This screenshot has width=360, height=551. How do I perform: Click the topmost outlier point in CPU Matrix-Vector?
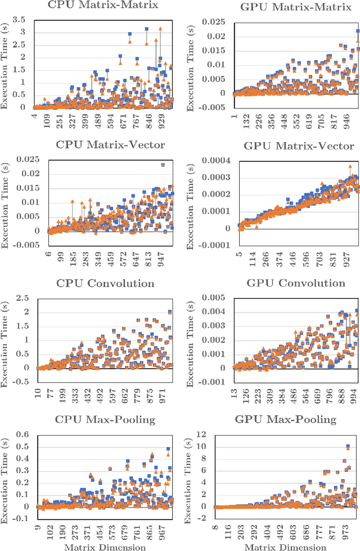tap(163, 165)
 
